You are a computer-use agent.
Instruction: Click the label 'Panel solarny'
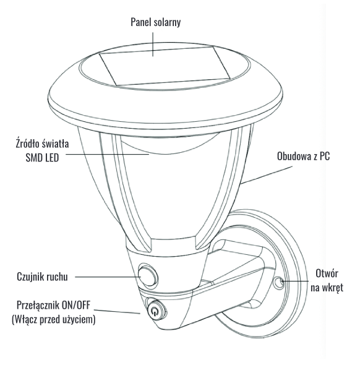tap(155, 22)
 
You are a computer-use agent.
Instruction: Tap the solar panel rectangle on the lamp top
tap(165, 66)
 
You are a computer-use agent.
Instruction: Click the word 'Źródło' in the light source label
tap(27, 144)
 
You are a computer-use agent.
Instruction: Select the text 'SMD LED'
tap(43, 158)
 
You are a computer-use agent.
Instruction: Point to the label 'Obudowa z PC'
tap(303, 157)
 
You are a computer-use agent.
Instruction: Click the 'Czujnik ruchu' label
tap(42, 277)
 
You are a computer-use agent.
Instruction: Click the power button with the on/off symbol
tap(156, 311)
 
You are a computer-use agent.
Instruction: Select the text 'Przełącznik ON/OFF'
tap(53, 305)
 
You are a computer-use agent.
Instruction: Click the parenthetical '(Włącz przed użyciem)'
tap(53, 319)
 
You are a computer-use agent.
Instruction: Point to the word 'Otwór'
tap(327, 273)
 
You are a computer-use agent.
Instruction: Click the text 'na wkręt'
tap(327, 288)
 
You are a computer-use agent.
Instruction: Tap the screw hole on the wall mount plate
tap(279, 282)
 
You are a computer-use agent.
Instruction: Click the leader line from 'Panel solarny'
tap(153, 45)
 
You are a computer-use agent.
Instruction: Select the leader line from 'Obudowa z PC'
tap(267, 175)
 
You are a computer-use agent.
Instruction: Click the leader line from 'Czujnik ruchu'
tap(108, 277)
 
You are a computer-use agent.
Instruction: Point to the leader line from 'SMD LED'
tap(108, 154)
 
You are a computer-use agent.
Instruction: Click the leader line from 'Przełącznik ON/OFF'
tap(117, 311)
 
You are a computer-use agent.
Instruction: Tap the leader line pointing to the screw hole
tap(294, 281)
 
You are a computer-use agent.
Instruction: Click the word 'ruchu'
tap(58, 277)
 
